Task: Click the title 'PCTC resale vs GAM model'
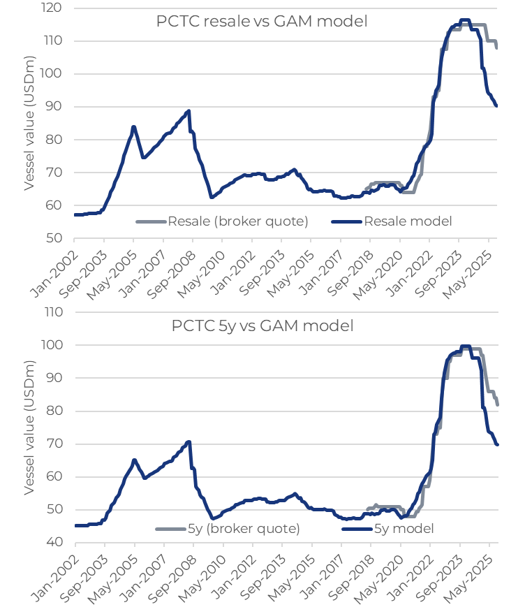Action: coord(261,22)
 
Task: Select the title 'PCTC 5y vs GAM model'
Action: coord(262,326)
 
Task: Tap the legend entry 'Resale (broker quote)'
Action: coord(223,221)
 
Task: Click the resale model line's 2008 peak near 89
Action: coord(188,111)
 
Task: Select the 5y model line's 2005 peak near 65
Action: coord(134,460)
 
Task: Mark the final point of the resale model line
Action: coord(496,106)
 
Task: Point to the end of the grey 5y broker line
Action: coord(498,404)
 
